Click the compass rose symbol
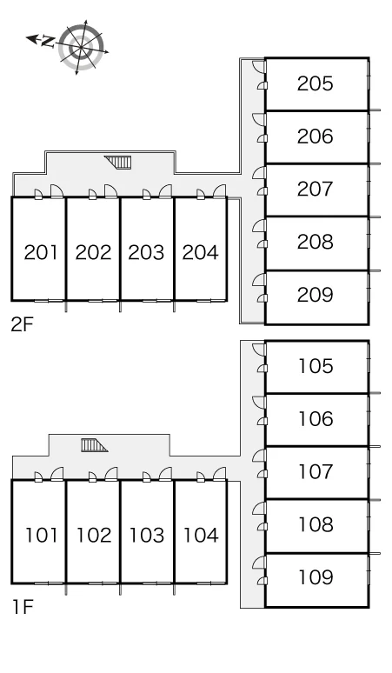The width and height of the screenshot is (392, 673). pyautogui.click(x=81, y=47)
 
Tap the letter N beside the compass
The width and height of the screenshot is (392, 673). pyautogui.click(x=48, y=42)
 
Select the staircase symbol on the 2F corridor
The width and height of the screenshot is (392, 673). pyautogui.click(x=117, y=163)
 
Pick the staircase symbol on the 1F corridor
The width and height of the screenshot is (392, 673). pyautogui.click(x=94, y=445)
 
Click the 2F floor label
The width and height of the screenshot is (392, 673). pyautogui.click(x=22, y=325)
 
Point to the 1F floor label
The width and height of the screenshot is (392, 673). pyautogui.click(x=23, y=607)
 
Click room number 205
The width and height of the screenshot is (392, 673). pyautogui.click(x=316, y=83)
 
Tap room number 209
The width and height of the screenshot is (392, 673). pyautogui.click(x=316, y=295)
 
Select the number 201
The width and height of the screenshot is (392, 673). pyautogui.click(x=40, y=252)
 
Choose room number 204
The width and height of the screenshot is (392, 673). pyautogui.click(x=200, y=252)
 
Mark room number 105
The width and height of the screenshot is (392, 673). pyautogui.click(x=316, y=366)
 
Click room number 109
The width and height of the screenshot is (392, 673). pyautogui.click(x=316, y=577)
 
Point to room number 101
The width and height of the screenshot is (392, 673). pyautogui.click(x=41, y=536)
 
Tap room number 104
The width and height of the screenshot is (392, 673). pyautogui.click(x=201, y=536)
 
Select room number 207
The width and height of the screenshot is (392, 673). pyautogui.click(x=316, y=190)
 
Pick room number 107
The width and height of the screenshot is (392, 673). pyautogui.click(x=316, y=471)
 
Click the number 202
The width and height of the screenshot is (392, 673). pyautogui.click(x=94, y=252)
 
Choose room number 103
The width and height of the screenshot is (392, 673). pyautogui.click(x=147, y=536)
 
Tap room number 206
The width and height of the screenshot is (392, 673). pyautogui.click(x=316, y=137)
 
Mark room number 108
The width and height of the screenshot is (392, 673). pyautogui.click(x=316, y=524)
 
